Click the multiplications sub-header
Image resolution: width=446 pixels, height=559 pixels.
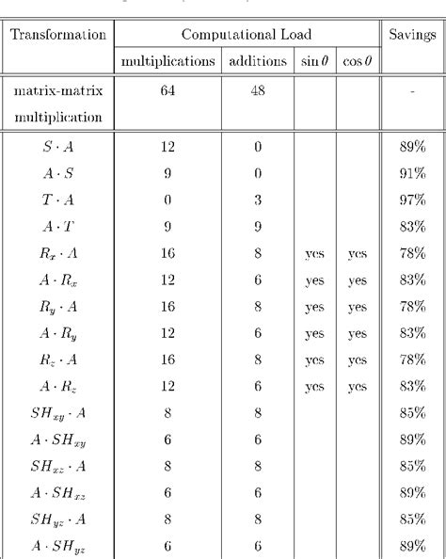click(x=168, y=62)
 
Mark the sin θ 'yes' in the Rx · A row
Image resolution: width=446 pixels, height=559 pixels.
click(x=313, y=254)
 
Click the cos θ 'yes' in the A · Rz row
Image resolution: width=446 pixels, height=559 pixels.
click(x=357, y=386)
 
